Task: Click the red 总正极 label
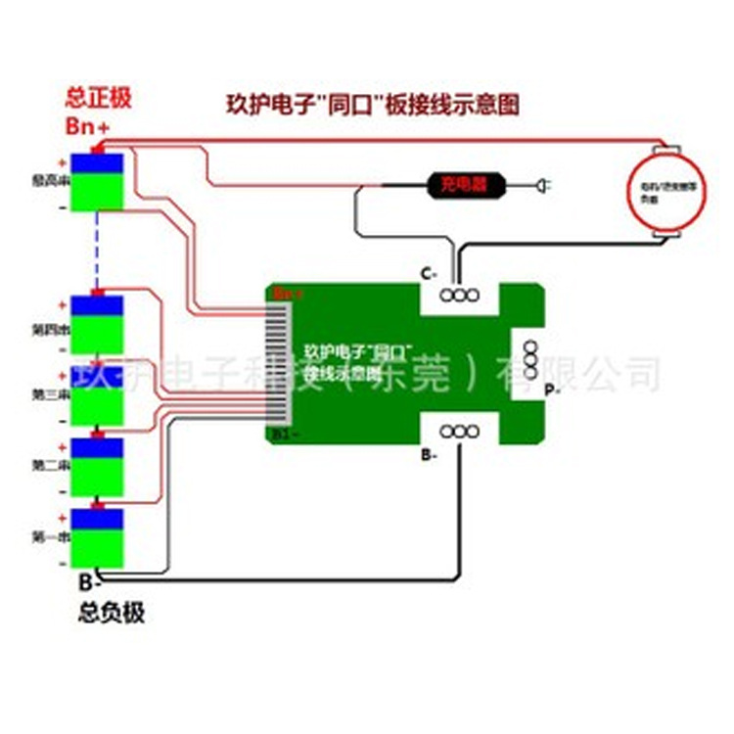98,98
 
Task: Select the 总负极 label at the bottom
112,613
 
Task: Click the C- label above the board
429,274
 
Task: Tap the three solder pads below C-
456,296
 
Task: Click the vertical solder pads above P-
529,359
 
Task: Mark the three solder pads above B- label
456,430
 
